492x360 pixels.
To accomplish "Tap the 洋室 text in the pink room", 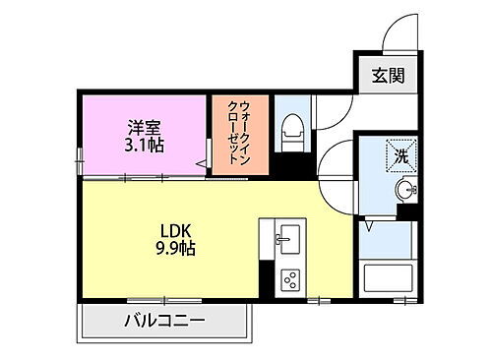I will point(144,126).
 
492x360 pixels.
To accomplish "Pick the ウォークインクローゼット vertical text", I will point(239,134).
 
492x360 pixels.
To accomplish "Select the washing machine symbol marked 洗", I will point(403,154).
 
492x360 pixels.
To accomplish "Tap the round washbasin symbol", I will point(403,189).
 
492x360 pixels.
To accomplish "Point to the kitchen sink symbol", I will point(287,237).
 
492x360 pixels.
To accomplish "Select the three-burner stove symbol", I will point(290,278).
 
